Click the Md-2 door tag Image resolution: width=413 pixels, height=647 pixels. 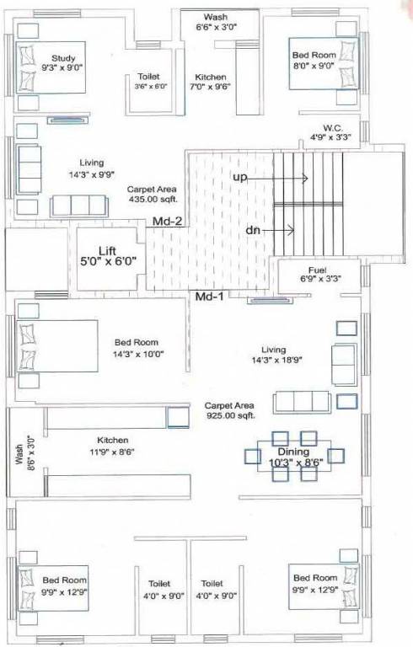point(168,222)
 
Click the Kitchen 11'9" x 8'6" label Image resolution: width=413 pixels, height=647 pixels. point(113,446)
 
